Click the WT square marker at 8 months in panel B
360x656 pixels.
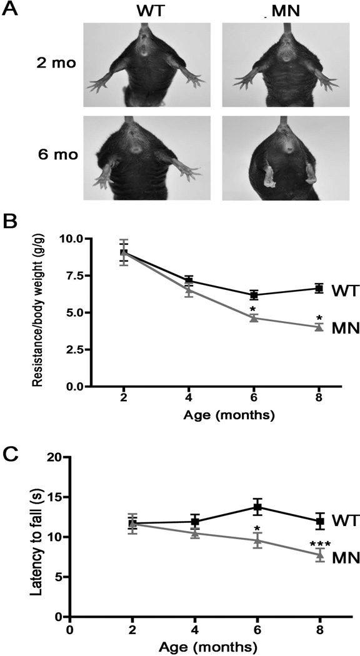pos(319,289)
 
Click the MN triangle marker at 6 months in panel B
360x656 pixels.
pos(253,318)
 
